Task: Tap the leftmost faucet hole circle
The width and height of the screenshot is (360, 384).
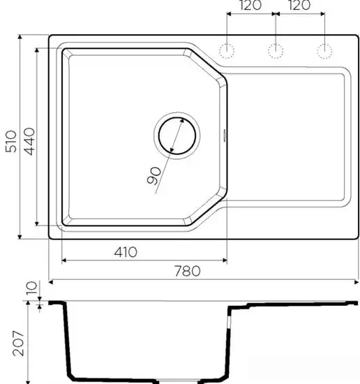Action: click(227, 50)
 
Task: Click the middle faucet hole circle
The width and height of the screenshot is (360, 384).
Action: click(276, 50)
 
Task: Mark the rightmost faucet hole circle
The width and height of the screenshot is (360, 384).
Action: click(324, 50)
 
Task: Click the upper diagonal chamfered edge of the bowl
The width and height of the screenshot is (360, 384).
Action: click(208, 66)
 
